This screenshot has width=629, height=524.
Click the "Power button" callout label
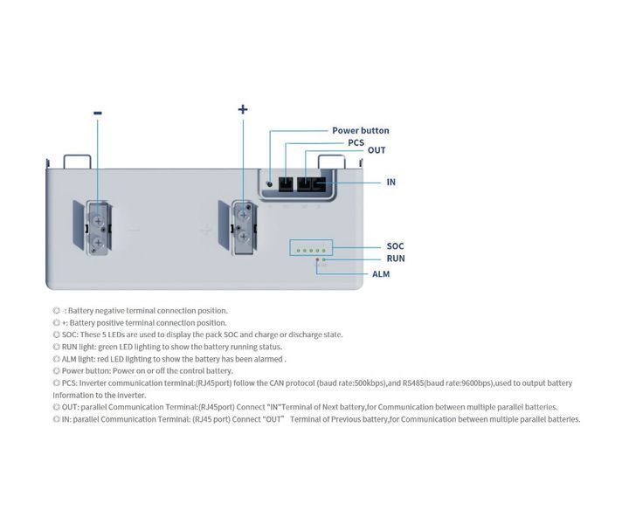click(x=360, y=131)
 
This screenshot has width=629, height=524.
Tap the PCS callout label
click(x=356, y=142)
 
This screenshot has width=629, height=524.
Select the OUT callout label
click(x=377, y=150)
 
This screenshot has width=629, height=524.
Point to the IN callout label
click(x=391, y=182)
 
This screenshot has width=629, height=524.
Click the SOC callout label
click(x=395, y=246)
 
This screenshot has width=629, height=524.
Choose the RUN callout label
click(x=396, y=259)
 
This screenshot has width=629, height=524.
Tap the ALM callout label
click(x=381, y=274)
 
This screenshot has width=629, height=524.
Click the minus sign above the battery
click(x=98, y=113)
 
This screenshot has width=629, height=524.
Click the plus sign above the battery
click(x=243, y=109)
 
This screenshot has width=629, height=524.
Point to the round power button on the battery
click(x=270, y=184)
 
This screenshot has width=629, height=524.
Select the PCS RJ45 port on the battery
click(x=286, y=184)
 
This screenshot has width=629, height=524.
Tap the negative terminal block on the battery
click(x=98, y=229)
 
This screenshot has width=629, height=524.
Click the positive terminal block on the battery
click(x=244, y=227)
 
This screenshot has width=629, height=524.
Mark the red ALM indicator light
click(x=317, y=259)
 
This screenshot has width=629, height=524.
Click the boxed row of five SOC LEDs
click(x=311, y=248)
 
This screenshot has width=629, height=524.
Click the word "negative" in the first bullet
click(x=109, y=311)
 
